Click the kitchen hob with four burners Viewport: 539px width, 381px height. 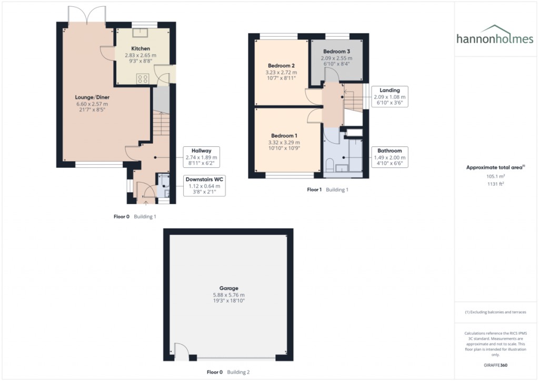tap(142, 78)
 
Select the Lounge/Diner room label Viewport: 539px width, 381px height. tap(77, 97)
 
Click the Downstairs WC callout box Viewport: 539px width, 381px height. tap(204, 186)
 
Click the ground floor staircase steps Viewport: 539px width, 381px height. tap(161, 127)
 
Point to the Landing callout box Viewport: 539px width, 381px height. tap(390, 97)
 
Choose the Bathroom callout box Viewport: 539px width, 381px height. tap(390, 157)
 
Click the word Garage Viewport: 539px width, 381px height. tap(229, 288)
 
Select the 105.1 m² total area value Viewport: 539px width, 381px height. tap(495, 177)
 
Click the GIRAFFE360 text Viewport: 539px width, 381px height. tap(495, 365)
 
